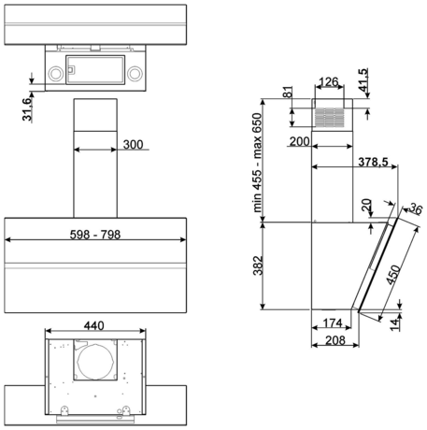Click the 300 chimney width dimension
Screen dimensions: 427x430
(x=133, y=145)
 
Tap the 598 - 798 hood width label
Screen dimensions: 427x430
(x=95, y=235)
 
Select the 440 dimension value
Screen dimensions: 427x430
(x=93, y=325)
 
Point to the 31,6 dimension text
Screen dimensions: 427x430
(x=27, y=108)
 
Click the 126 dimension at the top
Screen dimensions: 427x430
(x=329, y=82)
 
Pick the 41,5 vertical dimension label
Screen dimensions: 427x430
(x=363, y=79)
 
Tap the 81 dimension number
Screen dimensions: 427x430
(x=289, y=92)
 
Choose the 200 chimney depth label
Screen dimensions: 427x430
(x=300, y=141)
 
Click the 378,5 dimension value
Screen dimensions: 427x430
(x=373, y=162)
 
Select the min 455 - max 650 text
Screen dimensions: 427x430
(x=258, y=163)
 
